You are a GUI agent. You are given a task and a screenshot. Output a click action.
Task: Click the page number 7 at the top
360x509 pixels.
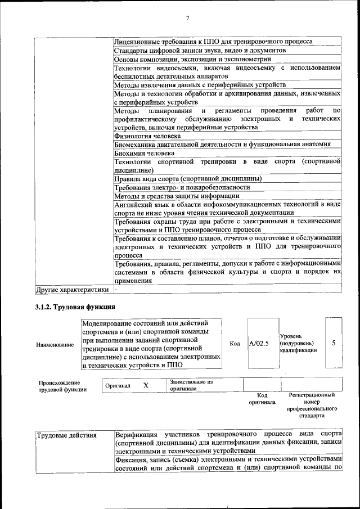pyautogui.click(x=188, y=19)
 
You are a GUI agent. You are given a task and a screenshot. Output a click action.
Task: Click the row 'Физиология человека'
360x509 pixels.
pyautogui.click(x=147, y=136)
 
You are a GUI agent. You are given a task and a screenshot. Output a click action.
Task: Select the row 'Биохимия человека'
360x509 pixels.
pyautogui.click(x=144, y=153)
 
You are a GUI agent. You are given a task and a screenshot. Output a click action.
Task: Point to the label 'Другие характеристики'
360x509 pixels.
pyautogui.click(x=71, y=290)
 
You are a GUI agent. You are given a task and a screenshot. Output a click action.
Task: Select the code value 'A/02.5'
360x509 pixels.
pyautogui.click(x=259, y=343)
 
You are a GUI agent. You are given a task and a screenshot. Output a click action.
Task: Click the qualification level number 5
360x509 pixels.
pyautogui.click(x=334, y=343)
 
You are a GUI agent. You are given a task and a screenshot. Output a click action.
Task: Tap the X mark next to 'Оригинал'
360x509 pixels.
pyautogui.click(x=146, y=386)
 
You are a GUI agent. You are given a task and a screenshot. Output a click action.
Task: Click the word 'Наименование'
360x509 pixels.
pyautogui.click(x=55, y=344)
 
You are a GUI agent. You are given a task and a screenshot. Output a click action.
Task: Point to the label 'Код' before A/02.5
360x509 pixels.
pyautogui.click(x=235, y=344)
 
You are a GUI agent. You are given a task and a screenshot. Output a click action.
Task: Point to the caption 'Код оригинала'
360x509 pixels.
pyautogui.click(x=262, y=399)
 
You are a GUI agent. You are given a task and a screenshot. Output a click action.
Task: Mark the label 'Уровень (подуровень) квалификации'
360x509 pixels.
pyautogui.click(x=298, y=343)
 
